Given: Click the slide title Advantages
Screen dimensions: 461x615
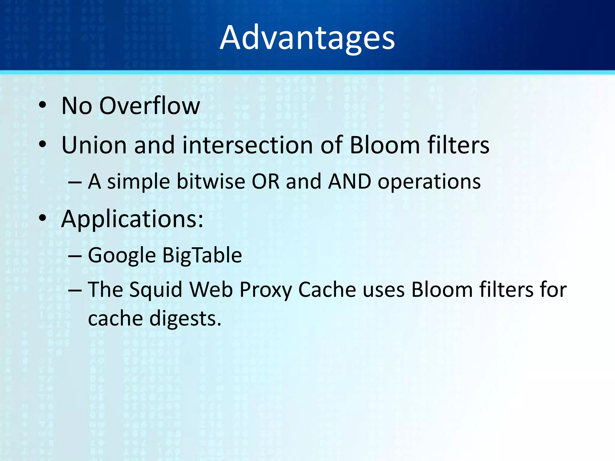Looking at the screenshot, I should click(x=307, y=38).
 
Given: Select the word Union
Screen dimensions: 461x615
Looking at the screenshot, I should click(x=94, y=145).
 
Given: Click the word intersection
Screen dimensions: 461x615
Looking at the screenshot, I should click(x=248, y=145).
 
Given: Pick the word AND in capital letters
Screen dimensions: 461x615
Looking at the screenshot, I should click(x=349, y=182).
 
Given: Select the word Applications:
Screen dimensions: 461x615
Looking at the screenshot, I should click(x=132, y=219).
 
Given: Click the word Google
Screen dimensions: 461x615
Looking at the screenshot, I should click(x=122, y=256).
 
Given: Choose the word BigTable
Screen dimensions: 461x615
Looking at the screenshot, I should click(x=202, y=256).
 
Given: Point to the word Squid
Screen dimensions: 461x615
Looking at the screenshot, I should click(x=156, y=290).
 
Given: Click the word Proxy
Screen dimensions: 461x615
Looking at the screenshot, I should click(x=265, y=291).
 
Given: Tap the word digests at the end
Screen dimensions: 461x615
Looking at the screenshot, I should click(x=185, y=319).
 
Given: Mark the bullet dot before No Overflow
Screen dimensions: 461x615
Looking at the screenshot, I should click(x=43, y=105).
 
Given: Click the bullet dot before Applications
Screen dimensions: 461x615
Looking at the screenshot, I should click(x=43, y=218).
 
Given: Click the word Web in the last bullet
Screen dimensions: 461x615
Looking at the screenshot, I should click(x=211, y=290).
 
